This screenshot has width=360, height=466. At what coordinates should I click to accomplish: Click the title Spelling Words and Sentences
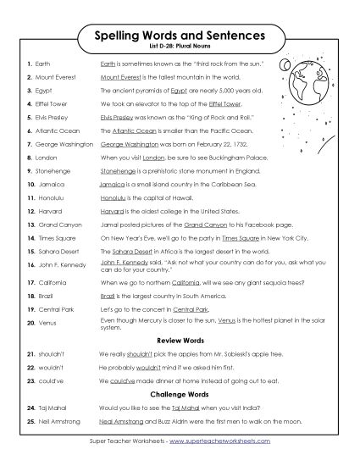click(180, 36)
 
